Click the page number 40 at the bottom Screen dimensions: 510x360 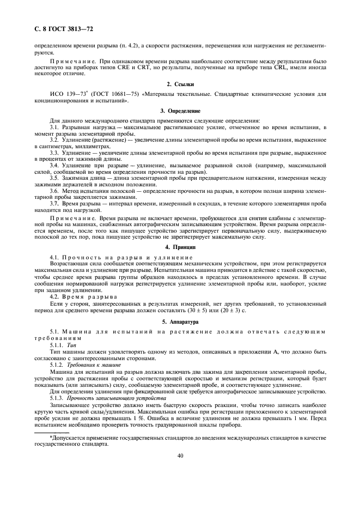[x=180, y=457]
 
